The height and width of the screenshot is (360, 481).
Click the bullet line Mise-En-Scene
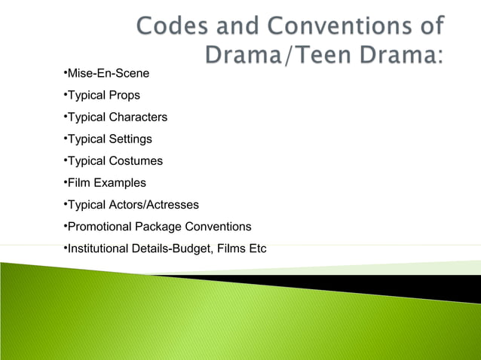coord(106,74)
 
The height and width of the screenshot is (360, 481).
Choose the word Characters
coord(137,117)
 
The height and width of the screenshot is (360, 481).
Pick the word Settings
coord(130,139)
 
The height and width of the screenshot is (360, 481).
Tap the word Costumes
coord(135,161)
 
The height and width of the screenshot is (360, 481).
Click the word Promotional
coord(100,227)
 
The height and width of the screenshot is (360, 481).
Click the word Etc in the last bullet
coord(256,249)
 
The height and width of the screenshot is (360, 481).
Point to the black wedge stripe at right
coord(422,285)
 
